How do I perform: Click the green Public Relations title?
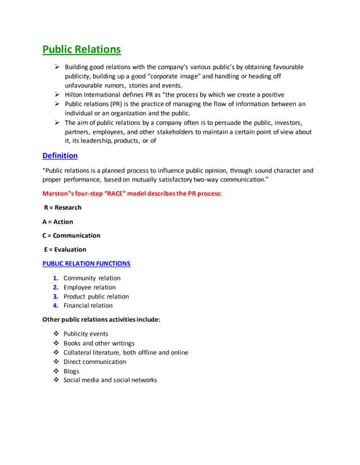81,49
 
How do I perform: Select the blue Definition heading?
60,155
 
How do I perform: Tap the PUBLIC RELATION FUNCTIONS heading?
87,263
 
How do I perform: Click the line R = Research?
63,208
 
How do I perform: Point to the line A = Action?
58,222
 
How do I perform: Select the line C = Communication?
71,235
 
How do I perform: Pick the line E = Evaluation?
65,249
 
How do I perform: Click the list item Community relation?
92,278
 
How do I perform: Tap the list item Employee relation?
89,288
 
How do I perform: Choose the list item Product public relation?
96,296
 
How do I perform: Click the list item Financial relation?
88,306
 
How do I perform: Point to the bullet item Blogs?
71,371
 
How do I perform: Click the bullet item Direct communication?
95,362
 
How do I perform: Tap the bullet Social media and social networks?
110,380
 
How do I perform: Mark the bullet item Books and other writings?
99,344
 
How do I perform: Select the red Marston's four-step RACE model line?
131,194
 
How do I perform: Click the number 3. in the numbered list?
55,296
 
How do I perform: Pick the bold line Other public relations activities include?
101,320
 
